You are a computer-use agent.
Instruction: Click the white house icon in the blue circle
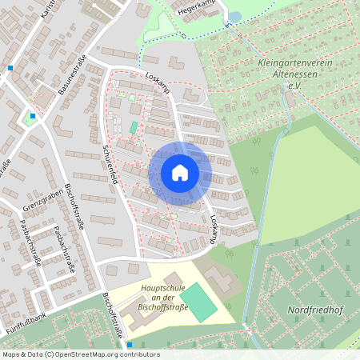[x=180, y=173]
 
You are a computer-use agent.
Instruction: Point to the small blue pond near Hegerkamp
[x=234, y=16]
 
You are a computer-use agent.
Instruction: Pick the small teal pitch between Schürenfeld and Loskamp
[x=134, y=127]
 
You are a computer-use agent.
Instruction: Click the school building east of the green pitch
[x=219, y=279]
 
